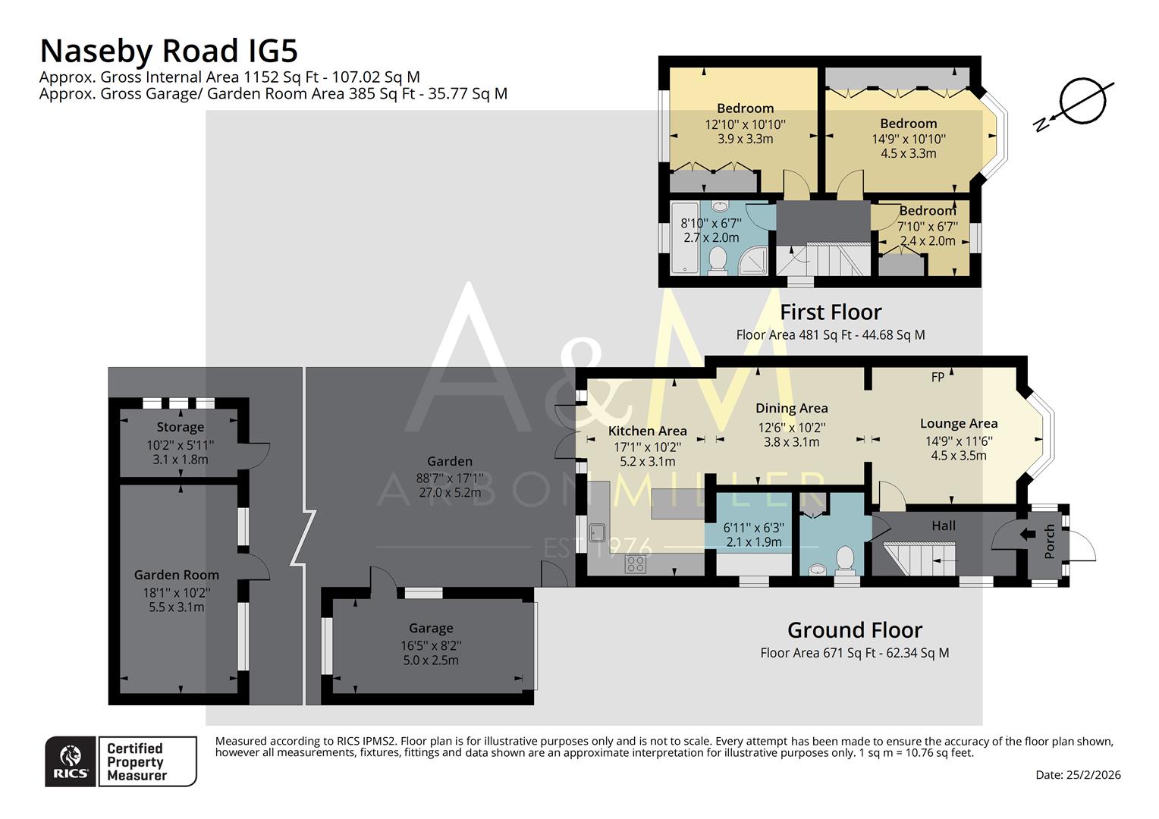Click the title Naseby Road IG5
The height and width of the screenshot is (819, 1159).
click(x=168, y=51)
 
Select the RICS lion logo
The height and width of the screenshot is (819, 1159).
click(x=71, y=761)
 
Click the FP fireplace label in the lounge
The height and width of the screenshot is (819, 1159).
click(x=938, y=377)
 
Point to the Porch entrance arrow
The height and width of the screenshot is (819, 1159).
click(x=1028, y=534)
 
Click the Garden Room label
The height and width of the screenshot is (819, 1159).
click(x=177, y=575)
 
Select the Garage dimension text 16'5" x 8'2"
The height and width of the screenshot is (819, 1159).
click(x=431, y=645)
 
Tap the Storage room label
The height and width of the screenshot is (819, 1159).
click(x=181, y=427)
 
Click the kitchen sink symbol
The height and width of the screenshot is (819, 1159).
click(x=597, y=532)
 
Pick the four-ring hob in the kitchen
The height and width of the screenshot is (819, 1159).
click(x=635, y=563)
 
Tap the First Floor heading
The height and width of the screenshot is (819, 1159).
click(x=831, y=312)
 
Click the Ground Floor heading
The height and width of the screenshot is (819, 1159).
click(x=854, y=630)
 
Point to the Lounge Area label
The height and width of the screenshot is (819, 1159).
click(x=959, y=423)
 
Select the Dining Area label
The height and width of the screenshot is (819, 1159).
click(x=791, y=408)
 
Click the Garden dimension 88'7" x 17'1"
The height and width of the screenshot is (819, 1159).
click(x=450, y=478)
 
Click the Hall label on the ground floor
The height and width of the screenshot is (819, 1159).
click(x=944, y=525)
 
